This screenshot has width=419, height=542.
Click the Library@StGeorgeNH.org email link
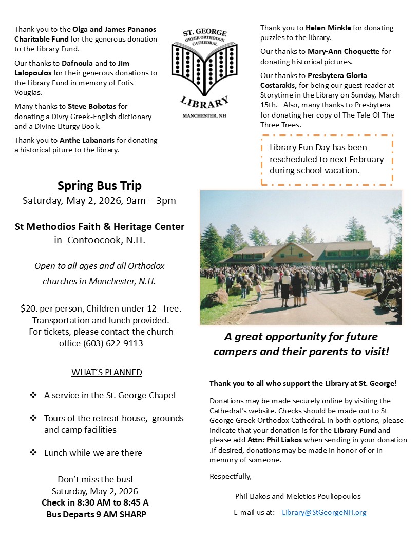(x=324, y=512)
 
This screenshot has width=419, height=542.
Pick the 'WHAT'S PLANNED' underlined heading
(x=106, y=372)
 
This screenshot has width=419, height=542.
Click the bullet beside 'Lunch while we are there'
(x=33, y=452)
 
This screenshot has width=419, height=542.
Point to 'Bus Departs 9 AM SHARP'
(x=96, y=514)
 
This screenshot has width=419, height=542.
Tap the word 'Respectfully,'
(x=231, y=476)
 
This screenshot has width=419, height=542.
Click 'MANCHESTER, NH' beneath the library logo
(x=204, y=116)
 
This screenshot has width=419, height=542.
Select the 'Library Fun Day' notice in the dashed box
(x=327, y=159)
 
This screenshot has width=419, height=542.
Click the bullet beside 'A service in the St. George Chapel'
(x=33, y=395)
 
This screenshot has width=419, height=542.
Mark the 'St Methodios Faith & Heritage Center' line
(x=99, y=226)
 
